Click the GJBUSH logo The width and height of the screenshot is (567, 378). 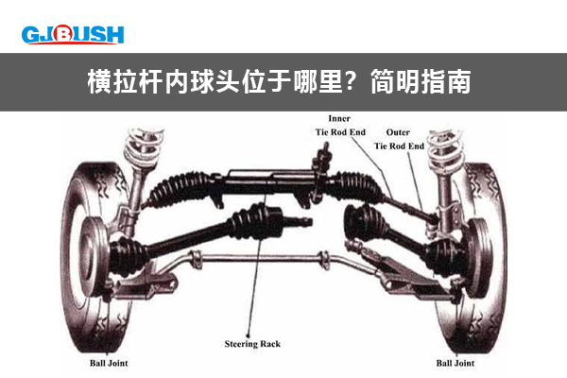[73, 35]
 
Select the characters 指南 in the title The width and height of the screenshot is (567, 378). [446, 82]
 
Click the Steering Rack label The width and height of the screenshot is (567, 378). [252, 344]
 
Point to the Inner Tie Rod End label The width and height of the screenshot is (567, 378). [340, 125]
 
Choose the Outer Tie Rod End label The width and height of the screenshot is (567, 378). [399, 139]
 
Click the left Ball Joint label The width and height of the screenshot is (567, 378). [109, 363]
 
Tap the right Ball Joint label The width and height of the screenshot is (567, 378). [455, 363]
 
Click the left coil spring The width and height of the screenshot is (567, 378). [143, 146]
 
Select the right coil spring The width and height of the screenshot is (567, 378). [445, 151]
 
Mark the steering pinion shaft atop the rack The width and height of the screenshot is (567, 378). [323, 159]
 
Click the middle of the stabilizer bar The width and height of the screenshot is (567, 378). [261, 258]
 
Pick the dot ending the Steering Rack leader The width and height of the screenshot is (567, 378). [248, 335]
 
